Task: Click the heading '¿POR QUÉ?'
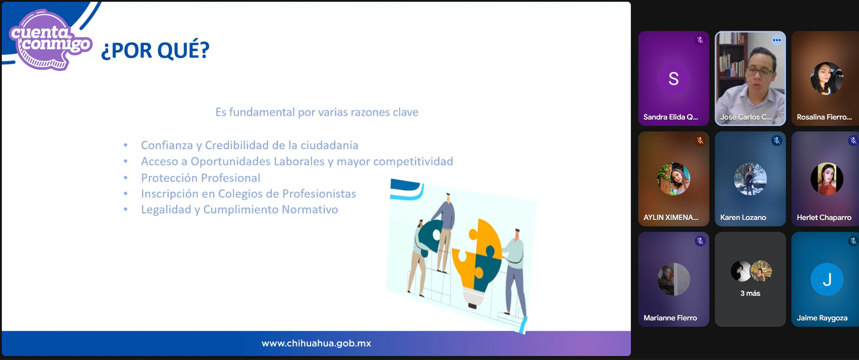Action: click(x=155, y=50)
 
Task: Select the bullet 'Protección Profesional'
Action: click(x=201, y=178)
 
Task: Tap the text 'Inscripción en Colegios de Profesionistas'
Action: click(x=248, y=194)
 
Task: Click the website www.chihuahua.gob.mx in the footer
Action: click(x=316, y=343)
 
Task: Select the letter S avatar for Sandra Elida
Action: click(x=674, y=78)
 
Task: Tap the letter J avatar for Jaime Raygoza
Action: click(x=827, y=280)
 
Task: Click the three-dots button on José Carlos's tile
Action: click(x=776, y=40)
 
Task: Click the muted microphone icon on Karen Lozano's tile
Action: click(x=776, y=141)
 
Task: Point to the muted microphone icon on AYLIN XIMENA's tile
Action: click(x=700, y=141)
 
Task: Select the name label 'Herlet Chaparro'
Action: click(x=824, y=217)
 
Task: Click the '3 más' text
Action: click(x=750, y=293)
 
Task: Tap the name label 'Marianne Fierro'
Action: click(x=670, y=318)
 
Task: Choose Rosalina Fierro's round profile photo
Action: click(x=827, y=78)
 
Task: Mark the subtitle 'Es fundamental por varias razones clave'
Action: click(x=317, y=112)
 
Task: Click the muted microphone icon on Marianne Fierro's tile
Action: click(x=700, y=241)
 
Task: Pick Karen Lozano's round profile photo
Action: click(x=750, y=179)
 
